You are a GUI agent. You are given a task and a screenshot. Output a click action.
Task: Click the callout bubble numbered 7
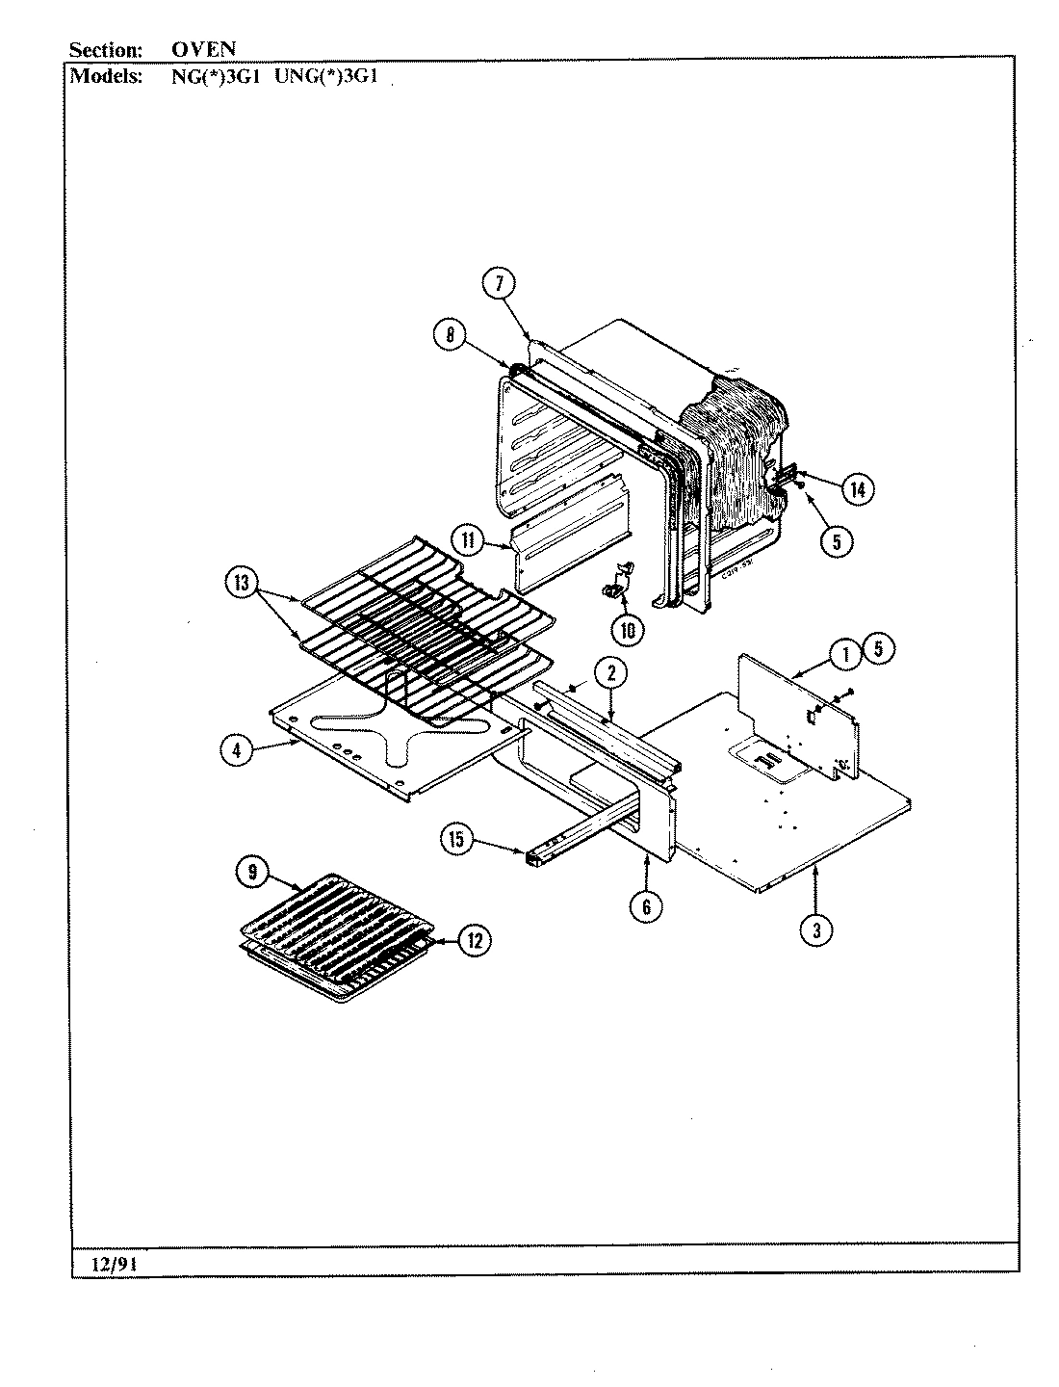(499, 283)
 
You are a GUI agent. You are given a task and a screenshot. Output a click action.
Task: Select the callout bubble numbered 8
(450, 335)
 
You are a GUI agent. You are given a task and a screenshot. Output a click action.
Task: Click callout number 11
(469, 540)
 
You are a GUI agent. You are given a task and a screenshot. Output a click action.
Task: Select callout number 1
(845, 654)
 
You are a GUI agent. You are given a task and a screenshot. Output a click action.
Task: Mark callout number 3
(817, 929)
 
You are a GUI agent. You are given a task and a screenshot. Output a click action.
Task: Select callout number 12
(473, 940)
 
